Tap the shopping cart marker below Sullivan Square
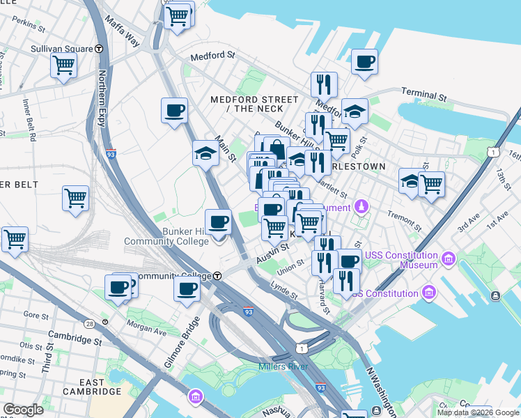pos(63,66)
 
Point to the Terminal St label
pos(423,95)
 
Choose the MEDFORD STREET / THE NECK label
pos(247,104)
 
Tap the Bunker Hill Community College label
pos(166,236)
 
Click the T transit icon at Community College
pos(217,276)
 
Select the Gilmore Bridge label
pos(183,345)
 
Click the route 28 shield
pos(89,323)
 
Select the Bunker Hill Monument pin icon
pos(361,206)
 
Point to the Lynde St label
pos(284,290)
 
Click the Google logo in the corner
pos(23,410)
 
